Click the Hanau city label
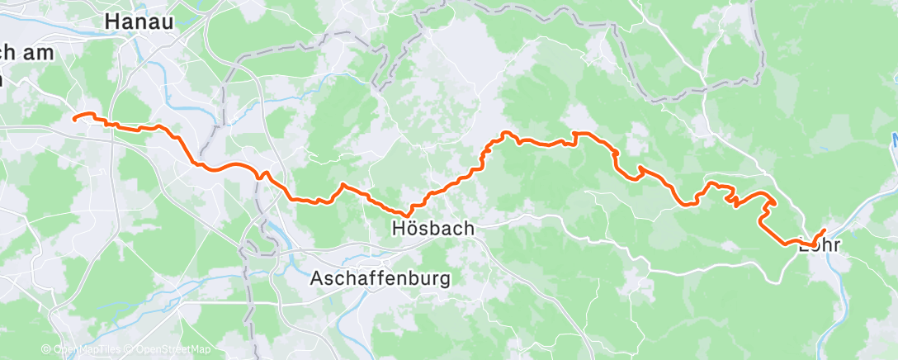click(x=139, y=22)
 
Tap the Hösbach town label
click(x=433, y=229)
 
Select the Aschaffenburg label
click(x=380, y=278)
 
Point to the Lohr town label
click(x=819, y=244)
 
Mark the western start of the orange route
click(x=75, y=119)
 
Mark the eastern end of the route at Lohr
click(x=824, y=230)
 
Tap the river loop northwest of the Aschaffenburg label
click(x=266, y=239)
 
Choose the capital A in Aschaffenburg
click(x=317, y=278)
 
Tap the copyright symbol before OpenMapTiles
click(x=46, y=349)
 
